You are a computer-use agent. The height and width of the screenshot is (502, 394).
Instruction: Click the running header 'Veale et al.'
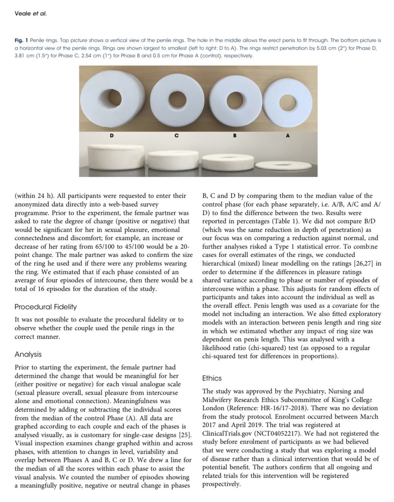click(31, 14)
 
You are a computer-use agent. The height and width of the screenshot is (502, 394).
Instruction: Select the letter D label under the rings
click(111, 135)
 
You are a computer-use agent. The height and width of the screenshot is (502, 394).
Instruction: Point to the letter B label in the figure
click(234, 135)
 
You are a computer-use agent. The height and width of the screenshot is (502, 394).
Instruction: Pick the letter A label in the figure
click(287, 135)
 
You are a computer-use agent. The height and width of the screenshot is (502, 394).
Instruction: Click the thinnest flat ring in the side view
click(286, 165)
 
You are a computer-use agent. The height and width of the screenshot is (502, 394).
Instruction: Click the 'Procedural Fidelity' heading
click(46, 307)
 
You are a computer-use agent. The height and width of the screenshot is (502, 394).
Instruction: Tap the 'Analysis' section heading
click(28, 354)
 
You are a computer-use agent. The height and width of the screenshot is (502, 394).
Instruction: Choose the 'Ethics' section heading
click(212, 378)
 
